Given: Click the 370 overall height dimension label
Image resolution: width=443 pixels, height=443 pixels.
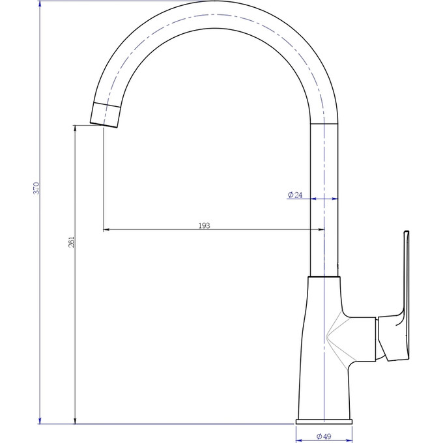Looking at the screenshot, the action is pos(36,188).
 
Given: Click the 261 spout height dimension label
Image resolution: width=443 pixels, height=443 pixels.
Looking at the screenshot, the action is pos(72,242).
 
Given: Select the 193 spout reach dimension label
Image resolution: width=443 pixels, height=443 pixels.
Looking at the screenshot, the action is pos(205,225).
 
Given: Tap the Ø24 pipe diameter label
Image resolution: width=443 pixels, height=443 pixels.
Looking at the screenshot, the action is pos(295,195).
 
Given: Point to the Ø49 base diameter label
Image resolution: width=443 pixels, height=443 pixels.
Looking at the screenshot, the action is pos(324,436).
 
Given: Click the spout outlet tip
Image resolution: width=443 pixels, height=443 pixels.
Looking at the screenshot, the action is pos(104,126).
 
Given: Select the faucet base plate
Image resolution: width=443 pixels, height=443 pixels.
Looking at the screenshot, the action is pos(324,422).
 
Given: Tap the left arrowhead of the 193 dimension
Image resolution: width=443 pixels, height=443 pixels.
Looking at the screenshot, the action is pos(106,229).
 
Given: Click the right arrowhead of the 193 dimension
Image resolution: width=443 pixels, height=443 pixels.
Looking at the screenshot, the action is pos(322,229).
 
